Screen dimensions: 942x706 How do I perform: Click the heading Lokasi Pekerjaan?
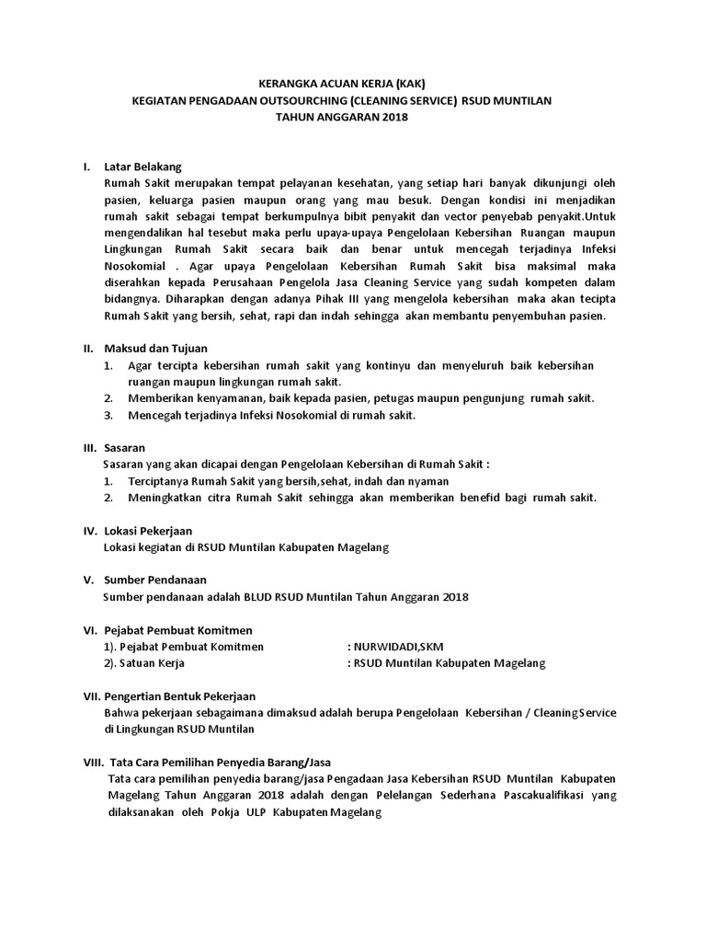[150, 531]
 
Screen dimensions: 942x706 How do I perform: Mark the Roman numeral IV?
[90, 531]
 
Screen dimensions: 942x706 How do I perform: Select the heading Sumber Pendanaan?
[154, 580]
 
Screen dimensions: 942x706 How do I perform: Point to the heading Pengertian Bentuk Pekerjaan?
[179, 696]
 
